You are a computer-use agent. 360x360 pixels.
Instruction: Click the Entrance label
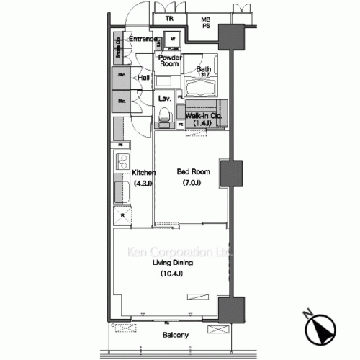click(144, 39)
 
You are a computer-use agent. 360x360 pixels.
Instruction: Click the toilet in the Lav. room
click(165, 113)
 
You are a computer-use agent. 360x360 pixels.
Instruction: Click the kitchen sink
click(120, 193)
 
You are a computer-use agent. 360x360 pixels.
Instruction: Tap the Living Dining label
click(171, 264)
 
